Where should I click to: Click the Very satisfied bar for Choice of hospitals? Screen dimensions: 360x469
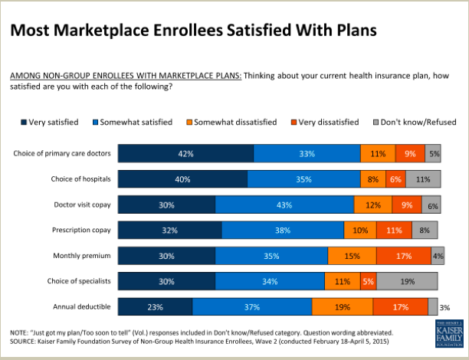(x=182, y=179)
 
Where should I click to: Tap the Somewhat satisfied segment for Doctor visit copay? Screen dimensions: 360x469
(x=284, y=205)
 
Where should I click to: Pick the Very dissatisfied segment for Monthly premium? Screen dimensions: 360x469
(x=404, y=256)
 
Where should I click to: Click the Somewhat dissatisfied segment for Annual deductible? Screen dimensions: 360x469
(x=343, y=307)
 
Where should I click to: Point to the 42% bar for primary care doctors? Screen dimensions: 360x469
(x=185, y=153)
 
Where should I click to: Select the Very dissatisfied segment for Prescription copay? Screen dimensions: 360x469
(x=394, y=230)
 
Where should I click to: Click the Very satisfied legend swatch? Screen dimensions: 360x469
(x=22, y=122)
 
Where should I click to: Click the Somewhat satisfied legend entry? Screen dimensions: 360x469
(x=131, y=122)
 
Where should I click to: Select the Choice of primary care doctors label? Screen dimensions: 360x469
(x=63, y=153)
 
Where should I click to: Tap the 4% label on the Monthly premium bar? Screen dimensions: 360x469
(x=438, y=256)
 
